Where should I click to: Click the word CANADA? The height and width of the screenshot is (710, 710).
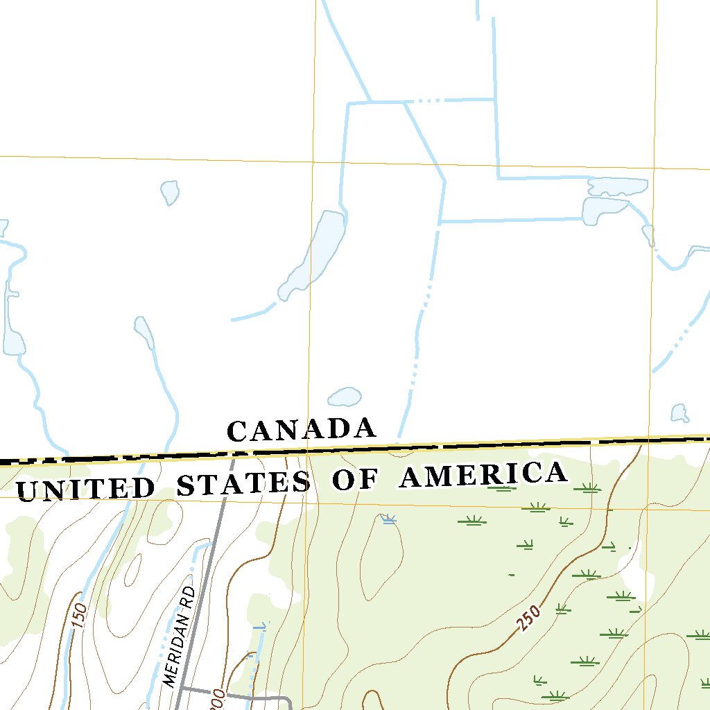[x=302, y=429]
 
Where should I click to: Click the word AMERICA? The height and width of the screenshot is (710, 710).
[x=483, y=475]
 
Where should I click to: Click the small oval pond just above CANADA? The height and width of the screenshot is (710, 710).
[x=345, y=397]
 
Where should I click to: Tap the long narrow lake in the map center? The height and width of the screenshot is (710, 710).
[x=315, y=253]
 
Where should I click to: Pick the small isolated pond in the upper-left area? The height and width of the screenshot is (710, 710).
[x=170, y=191]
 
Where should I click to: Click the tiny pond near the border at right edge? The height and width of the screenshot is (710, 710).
[x=679, y=413]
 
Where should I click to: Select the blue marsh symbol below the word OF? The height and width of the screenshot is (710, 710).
[x=388, y=519]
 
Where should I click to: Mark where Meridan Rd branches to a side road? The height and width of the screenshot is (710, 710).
[x=182, y=689]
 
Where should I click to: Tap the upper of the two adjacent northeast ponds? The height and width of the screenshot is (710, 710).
[x=617, y=187]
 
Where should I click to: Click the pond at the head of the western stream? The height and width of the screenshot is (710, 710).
[x=144, y=331]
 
